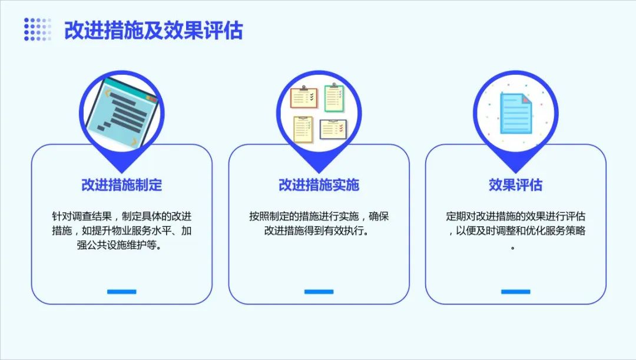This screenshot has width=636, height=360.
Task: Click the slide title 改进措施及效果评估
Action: pyautogui.click(x=153, y=30)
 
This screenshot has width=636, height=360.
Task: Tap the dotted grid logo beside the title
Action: pyautogui.click(x=38, y=29)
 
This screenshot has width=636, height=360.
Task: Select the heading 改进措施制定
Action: pyautogui.click(x=122, y=184)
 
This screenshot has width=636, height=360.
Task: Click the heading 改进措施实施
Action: pyautogui.click(x=319, y=184)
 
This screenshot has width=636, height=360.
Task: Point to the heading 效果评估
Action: pyautogui.click(x=515, y=184)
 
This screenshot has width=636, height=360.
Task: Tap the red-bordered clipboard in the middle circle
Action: pyautogui.click(x=304, y=97)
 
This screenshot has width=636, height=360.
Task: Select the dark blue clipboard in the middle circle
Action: pyautogui.click(x=333, y=129)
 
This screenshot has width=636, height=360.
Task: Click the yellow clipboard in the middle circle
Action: pyautogui.click(x=303, y=130)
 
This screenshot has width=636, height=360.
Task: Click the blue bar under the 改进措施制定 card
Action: pyautogui.click(x=122, y=292)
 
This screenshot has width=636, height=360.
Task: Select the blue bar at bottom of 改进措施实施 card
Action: pyautogui.click(x=319, y=292)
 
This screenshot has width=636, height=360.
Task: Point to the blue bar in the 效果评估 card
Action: pyautogui.click(x=515, y=292)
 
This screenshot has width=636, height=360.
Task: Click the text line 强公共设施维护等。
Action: pyautogui.click(x=122, y=245)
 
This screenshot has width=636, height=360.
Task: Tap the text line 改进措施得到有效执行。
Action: pyautogui.click(x=319, y=230)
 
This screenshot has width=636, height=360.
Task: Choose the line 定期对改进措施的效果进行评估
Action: pyautogui.click(x=515, y=216)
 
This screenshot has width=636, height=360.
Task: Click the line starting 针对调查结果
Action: pyautogui.click(x=122, y=216)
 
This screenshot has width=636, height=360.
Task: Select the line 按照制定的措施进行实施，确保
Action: pyautogui.click(x=319, y=216)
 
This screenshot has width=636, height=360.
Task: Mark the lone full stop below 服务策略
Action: pyautogui.click(x=513, y=247)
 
